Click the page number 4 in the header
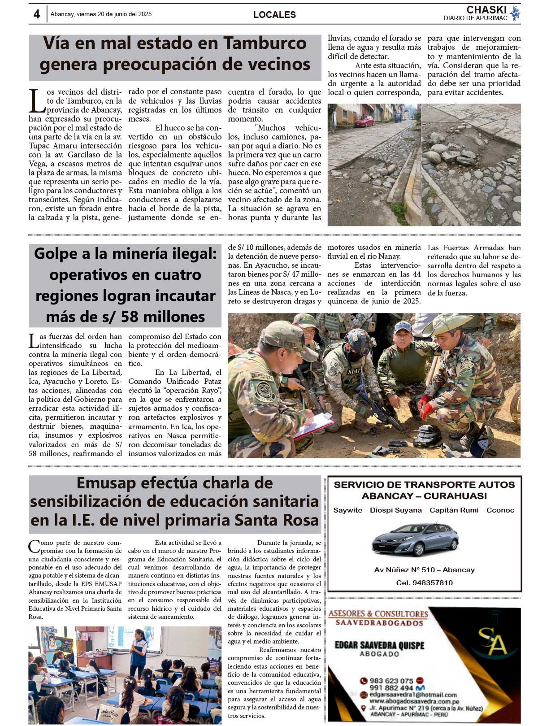36,14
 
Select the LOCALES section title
274,15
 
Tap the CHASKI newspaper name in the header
486,10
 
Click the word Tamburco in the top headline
265,43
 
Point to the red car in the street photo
364,121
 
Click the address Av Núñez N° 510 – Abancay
424,570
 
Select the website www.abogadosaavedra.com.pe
414,701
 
